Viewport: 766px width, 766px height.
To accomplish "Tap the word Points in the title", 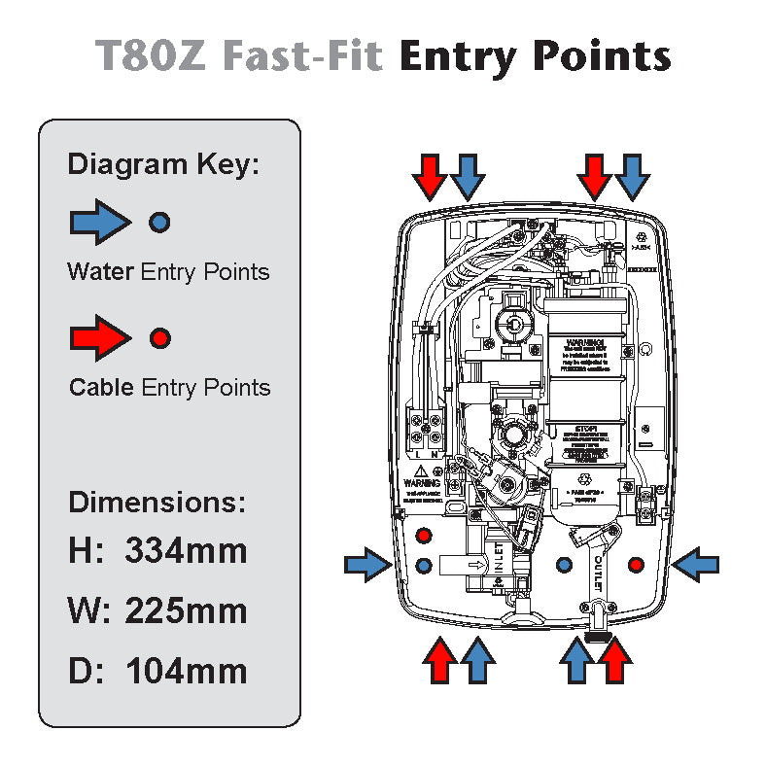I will (x=603, y=55).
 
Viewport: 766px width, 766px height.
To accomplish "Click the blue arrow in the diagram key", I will (x=100, y=223).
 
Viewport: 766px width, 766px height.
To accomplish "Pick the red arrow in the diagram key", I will (x=100, y=338).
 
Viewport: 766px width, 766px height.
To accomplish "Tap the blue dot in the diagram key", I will (x=160, y=223).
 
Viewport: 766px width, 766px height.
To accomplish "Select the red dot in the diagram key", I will (x=160, y=338).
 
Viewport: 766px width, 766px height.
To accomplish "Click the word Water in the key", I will (x=100, y=271).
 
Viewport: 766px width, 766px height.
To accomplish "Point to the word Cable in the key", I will (x=101, y=388).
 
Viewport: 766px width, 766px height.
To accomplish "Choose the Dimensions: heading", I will (x=157, y=503).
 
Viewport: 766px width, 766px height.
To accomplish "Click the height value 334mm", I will (x=186, y=551).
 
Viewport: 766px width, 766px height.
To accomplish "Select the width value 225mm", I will (x=186, y=611).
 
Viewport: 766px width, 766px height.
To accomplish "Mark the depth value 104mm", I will (x=186, y=671).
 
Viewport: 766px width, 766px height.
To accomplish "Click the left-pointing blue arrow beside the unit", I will (x=696, y=564).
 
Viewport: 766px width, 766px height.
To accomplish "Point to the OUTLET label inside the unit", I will (x=595, y=573).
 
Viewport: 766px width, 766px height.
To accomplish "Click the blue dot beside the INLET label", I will (x=423, y=564).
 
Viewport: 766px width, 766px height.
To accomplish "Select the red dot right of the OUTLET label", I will (x=636, y=564).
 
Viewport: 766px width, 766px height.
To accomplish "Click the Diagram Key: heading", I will (x=163, y=163).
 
